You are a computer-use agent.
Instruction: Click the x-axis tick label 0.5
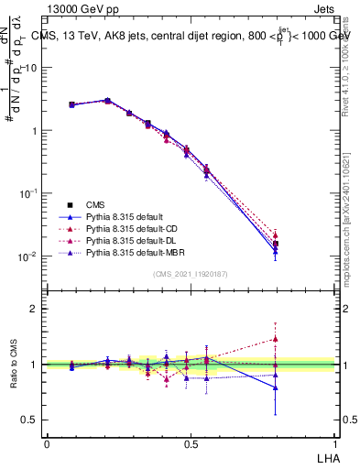(191, 443)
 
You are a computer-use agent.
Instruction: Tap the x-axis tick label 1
(334, 443)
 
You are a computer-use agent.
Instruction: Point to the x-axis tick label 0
(47, 443)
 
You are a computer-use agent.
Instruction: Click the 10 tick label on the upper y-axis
(31, 68)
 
